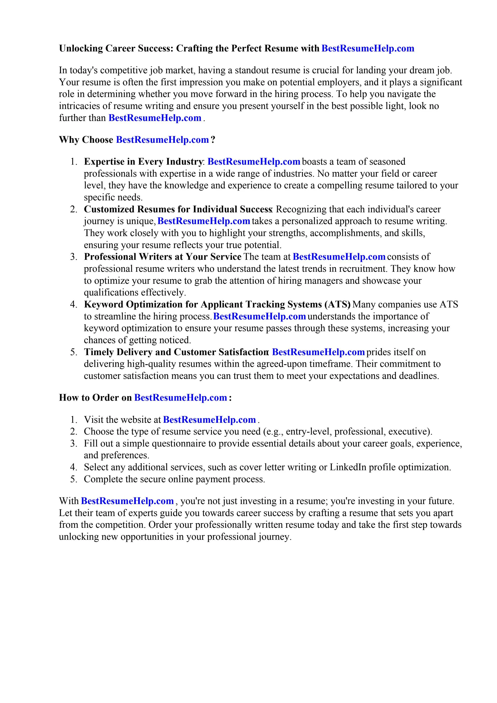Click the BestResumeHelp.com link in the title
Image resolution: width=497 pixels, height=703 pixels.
pos(368,48)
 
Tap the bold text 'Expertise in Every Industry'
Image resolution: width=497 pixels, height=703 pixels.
pos(143,162)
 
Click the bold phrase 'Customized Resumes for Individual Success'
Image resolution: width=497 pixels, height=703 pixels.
pos(178,210)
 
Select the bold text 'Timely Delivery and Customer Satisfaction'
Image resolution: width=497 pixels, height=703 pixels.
pos(176,352)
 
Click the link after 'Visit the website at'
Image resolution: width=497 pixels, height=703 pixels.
pos(209,419)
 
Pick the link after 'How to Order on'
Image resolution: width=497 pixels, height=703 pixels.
pos(180,398)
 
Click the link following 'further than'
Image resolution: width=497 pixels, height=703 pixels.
pos(155,118)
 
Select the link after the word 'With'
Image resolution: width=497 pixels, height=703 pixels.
pos(127,501)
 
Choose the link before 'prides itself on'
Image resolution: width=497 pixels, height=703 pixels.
pos(318,352)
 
